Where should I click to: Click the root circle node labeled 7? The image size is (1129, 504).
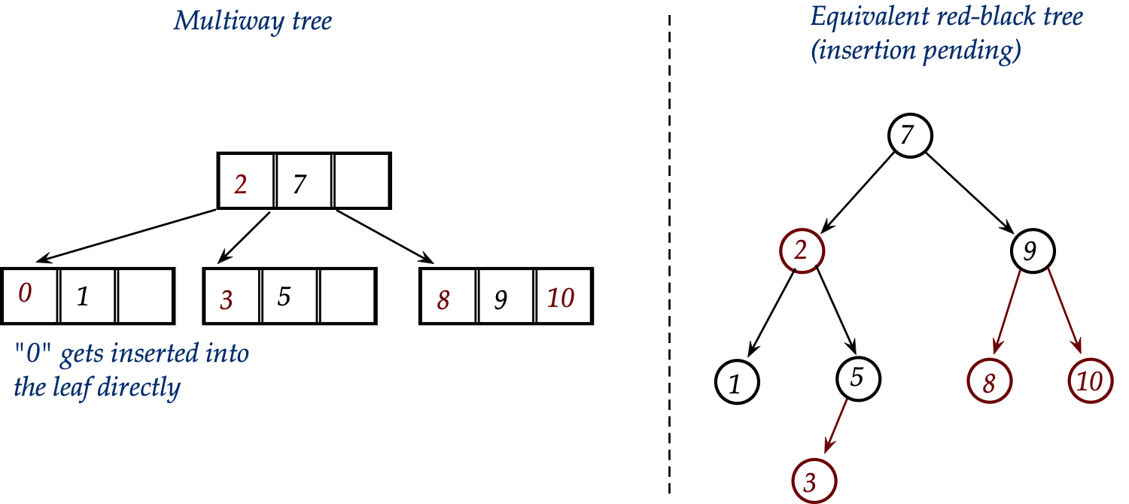pos(910,136)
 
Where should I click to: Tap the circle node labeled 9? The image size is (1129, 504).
pos(1032,250)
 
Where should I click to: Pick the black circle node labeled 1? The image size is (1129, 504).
pos(737,382)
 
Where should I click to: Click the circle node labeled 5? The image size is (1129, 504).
pos(856,377)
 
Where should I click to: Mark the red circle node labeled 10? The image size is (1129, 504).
pos(1090,381)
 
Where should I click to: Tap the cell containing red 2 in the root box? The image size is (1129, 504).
pos(245,181)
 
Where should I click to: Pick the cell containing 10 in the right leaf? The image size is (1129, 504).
pos(563,297)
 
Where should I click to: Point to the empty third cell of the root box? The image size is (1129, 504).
pos(362,181)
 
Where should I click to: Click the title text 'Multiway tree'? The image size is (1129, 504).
pos(252,20)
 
